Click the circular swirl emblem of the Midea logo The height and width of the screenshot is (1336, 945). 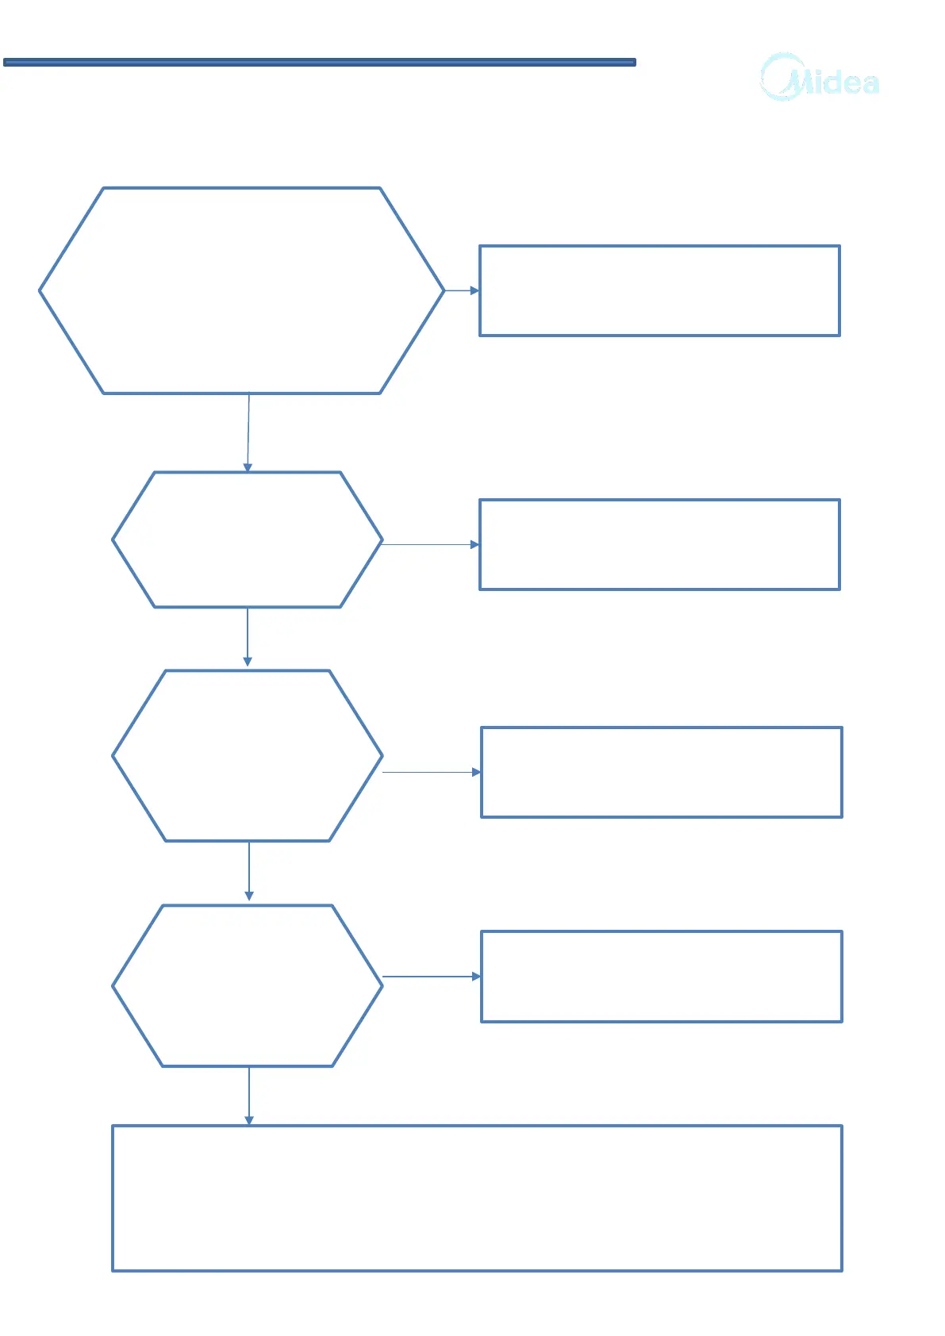781,77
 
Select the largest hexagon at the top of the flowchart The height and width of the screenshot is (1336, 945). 241,290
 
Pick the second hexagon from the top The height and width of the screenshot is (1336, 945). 248,540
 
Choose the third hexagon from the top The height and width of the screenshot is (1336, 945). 248,755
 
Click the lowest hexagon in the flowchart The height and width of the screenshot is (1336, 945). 248,985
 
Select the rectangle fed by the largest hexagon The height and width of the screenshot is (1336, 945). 659,290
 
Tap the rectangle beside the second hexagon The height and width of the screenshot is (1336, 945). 659,544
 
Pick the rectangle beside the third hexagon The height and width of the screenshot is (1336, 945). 661,772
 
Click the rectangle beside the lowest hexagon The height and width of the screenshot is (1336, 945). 661,976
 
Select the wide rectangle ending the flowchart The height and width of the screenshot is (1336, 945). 477,1198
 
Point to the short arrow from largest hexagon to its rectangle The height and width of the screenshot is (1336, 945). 462,290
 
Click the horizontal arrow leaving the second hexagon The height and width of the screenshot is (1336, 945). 431,544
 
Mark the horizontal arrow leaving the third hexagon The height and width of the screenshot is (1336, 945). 432,772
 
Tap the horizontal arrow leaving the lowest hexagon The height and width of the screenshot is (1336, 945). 432,976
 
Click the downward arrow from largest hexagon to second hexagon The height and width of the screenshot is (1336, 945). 248,432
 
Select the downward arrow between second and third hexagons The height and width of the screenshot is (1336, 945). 248,636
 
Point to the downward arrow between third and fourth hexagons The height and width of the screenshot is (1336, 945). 249,870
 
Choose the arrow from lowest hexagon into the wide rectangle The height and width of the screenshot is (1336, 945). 249,1096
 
